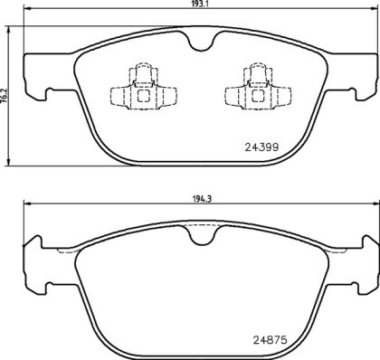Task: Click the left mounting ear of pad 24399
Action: pos(33,80)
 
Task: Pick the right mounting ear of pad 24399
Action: pos(362,80)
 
